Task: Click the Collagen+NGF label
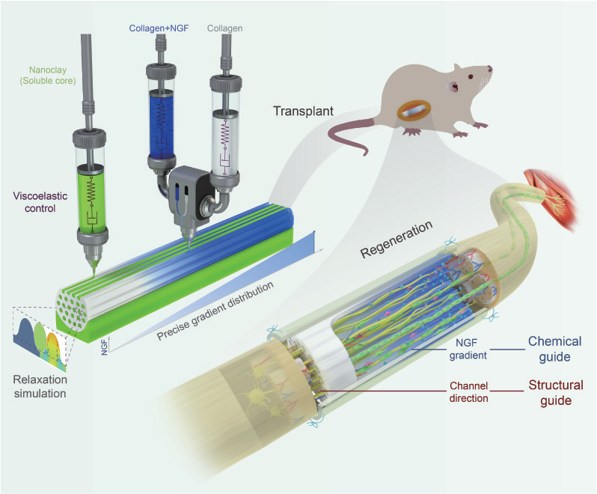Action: [x=159, y=28]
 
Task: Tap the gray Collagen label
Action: [x=224, y=28]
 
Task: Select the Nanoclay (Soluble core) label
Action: [x=48, y=76]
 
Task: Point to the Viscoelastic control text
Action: [x=40, y=202]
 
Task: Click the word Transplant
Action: [x=303, y=111]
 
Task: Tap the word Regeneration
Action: [x=397, y=240]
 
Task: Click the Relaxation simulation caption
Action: [x=40, y=386]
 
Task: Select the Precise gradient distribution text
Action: [x=215, y=311]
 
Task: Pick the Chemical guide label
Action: [x=554, y=349]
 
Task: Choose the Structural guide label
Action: [x=556, y=393]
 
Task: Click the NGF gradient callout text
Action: [x=468, y=350]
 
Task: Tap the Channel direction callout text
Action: [x=468, y=392]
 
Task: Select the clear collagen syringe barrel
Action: [x=224, y=140]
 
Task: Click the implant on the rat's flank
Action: [x=413, y=112]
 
